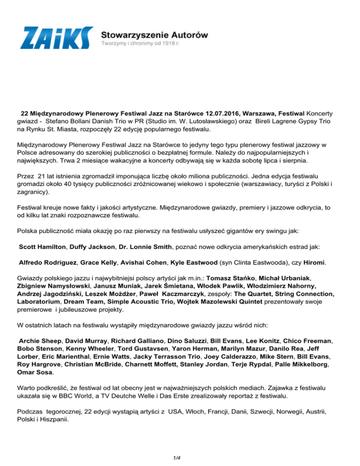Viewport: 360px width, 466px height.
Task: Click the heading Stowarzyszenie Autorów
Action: coord(155,34)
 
